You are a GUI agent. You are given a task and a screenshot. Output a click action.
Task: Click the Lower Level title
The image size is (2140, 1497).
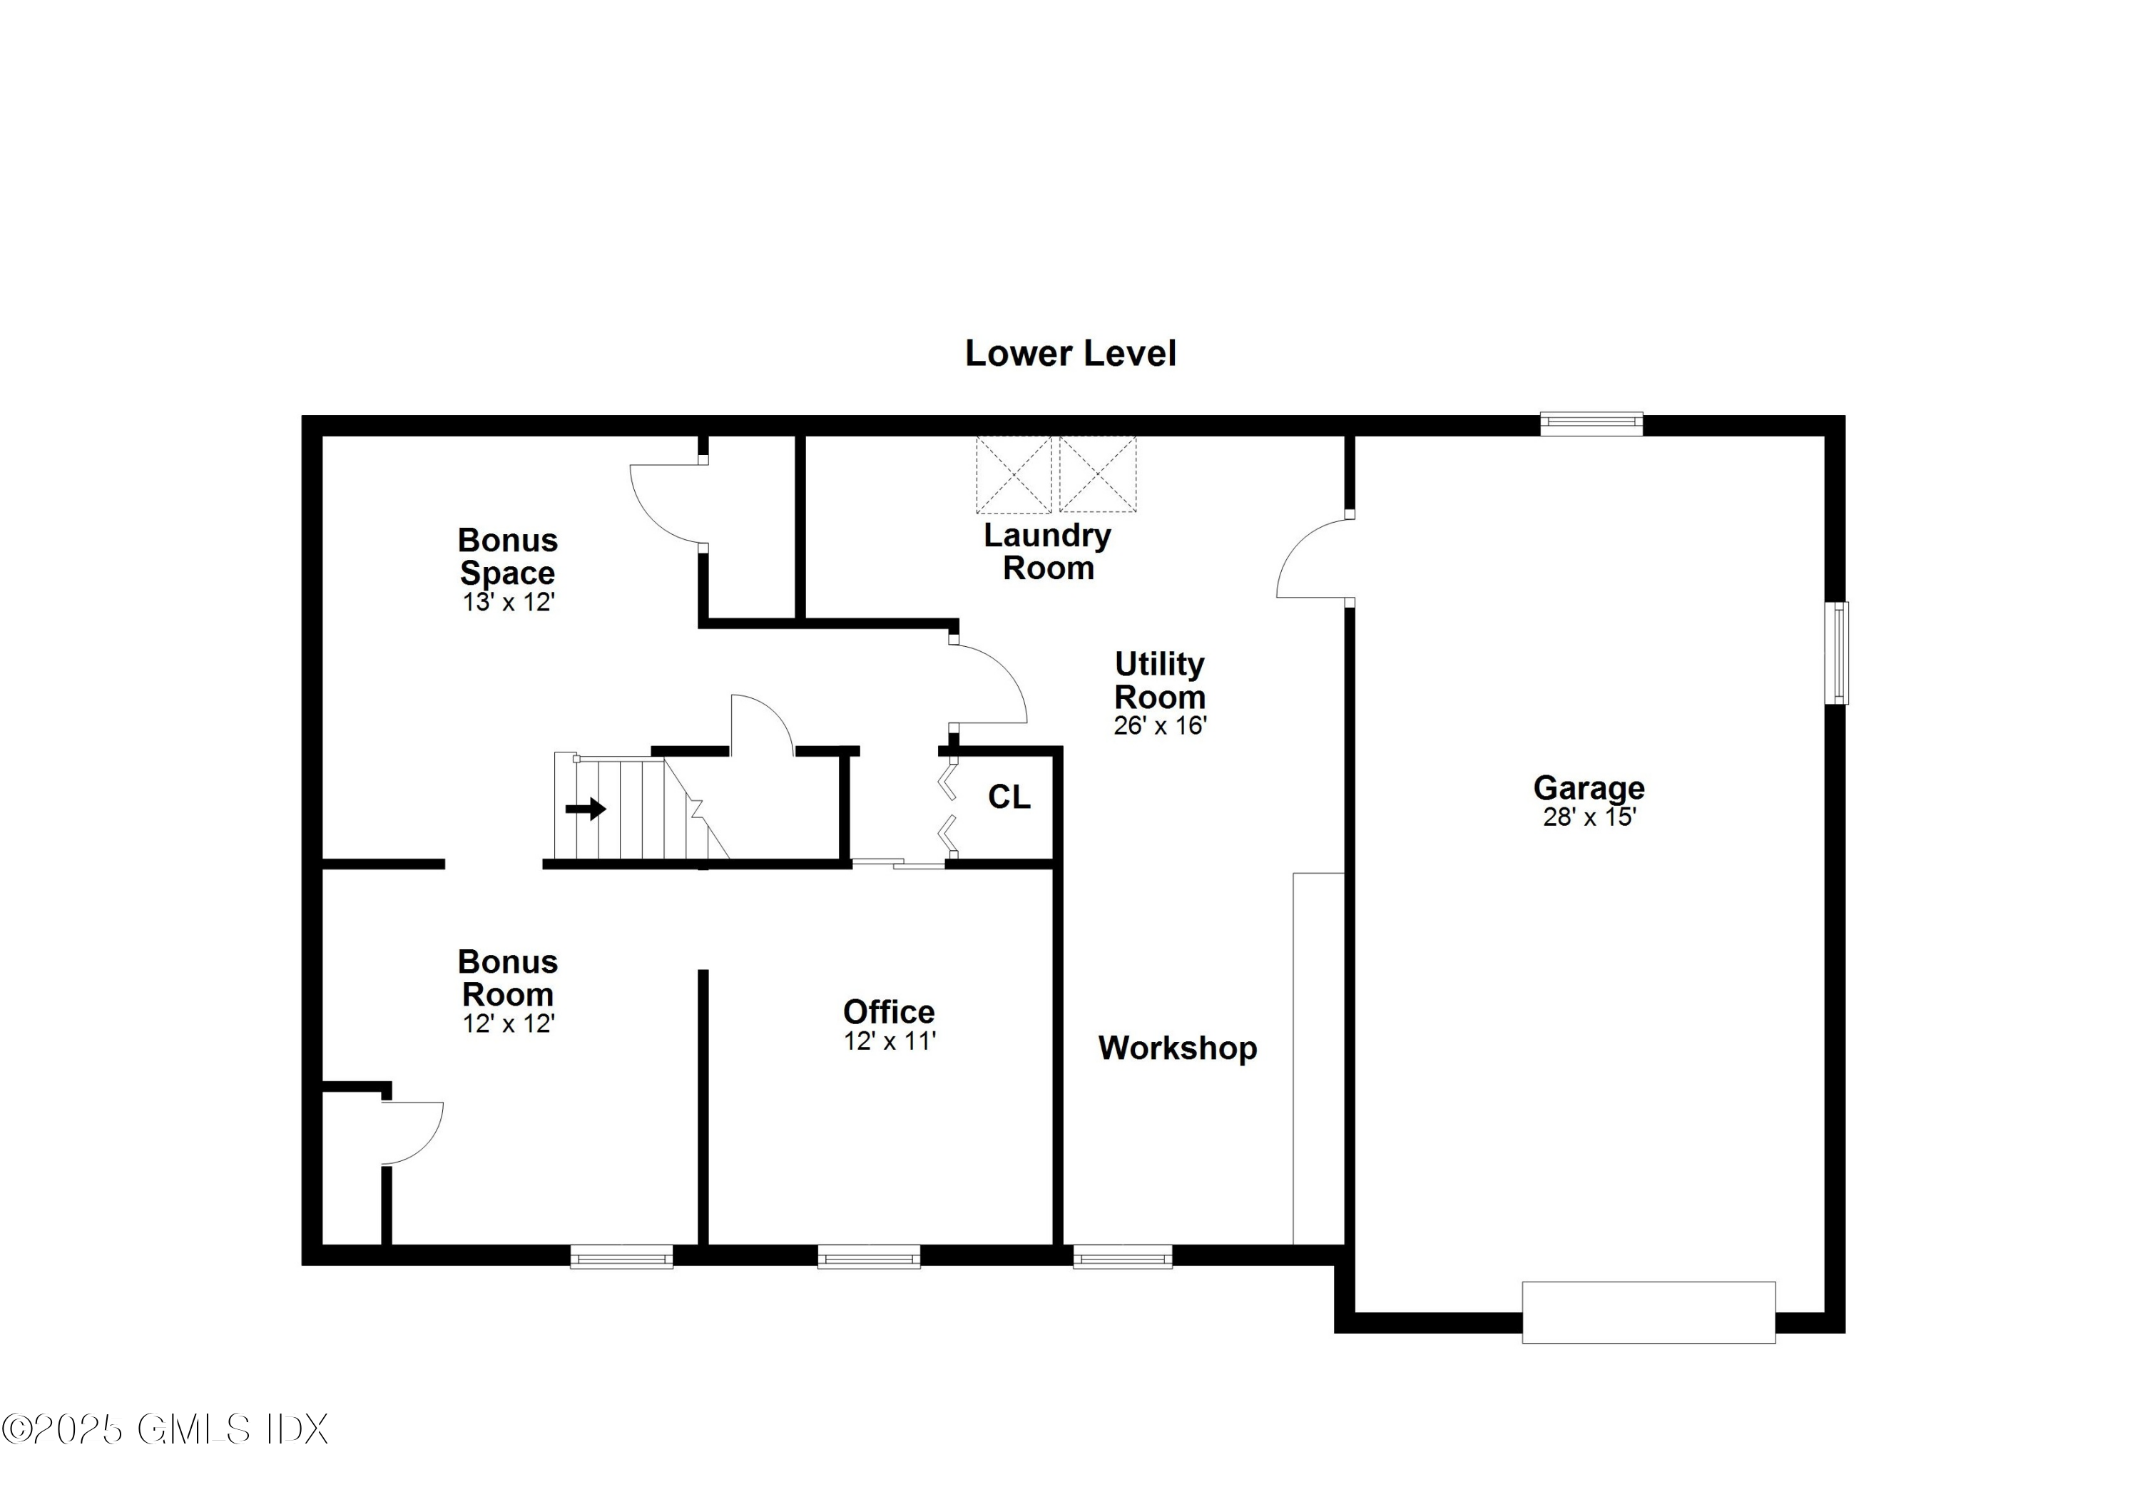(1070, 353)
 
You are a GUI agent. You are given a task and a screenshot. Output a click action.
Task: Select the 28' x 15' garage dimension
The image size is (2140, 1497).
(1589, 817)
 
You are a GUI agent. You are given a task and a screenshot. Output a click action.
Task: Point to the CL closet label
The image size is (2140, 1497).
(1009, 797)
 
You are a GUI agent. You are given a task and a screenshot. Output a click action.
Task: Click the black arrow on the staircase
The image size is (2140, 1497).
(586, 808)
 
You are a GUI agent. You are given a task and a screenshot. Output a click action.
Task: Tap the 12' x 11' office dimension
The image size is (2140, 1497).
(890, 1041)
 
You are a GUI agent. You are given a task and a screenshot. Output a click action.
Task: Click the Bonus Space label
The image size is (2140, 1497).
(508, 556)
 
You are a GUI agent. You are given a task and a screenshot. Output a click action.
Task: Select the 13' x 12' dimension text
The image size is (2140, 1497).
(508, 602)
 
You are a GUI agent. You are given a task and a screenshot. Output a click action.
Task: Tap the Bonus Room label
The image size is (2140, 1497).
(508, 978)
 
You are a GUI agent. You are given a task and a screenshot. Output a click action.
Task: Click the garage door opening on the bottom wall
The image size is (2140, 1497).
(1648, 1312)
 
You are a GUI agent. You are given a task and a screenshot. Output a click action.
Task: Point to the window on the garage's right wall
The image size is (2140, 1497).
(1836, 653)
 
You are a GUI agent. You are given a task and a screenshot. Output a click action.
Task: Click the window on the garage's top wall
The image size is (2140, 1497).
(1591, 424)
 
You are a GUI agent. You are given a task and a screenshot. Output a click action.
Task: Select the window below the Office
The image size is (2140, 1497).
(869, 1257)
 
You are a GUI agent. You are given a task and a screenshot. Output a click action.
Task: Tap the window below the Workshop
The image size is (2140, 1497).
(1122, 1257)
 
